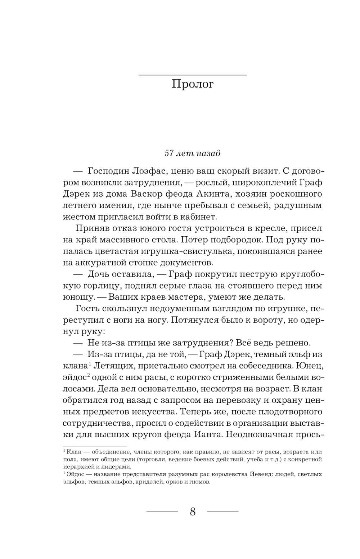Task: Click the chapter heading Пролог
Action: (x=193, y=84)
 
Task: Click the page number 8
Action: (x=193, y=512)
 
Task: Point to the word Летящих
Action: (x=112, y=366)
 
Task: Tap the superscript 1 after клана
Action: (x=89, y=363)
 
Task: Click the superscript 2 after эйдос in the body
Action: (x=87, y=375)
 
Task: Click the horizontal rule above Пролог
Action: (x=193, y=75)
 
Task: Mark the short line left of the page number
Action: (x=162, y=511)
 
